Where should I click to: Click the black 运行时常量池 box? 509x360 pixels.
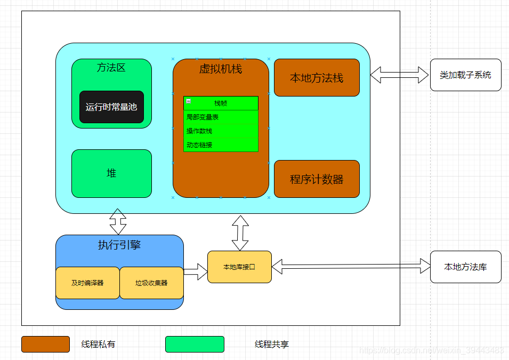click(111, 107)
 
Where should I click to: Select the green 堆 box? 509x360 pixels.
click(111, 173)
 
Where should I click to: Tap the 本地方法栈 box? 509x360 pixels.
click(317, 78)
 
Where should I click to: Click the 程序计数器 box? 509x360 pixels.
click(317, 179)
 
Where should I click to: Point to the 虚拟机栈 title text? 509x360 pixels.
click(221, 69)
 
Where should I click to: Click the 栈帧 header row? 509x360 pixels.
click(221, 103)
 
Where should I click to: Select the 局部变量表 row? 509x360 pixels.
click(221, 117)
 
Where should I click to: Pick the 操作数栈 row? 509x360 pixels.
click(221, 131)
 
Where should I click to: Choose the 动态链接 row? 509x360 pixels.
click(221, 145)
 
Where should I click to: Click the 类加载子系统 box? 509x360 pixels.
click(465, 75)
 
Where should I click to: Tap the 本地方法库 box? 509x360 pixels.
click(465, 267)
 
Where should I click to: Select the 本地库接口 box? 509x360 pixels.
click(239, 267)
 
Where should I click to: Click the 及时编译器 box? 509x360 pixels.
click(87, 283)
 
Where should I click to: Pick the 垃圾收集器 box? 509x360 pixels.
click(151, 283)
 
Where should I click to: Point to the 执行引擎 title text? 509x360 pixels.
click(119, 245)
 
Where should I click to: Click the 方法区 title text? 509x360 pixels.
click(111, 68)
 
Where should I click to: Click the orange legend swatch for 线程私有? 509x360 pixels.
click(45, 344)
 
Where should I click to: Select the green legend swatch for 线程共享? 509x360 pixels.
click(195, 344)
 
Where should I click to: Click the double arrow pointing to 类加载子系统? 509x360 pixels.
click(400, 75)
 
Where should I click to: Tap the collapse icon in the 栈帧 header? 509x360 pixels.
click(188, 101)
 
